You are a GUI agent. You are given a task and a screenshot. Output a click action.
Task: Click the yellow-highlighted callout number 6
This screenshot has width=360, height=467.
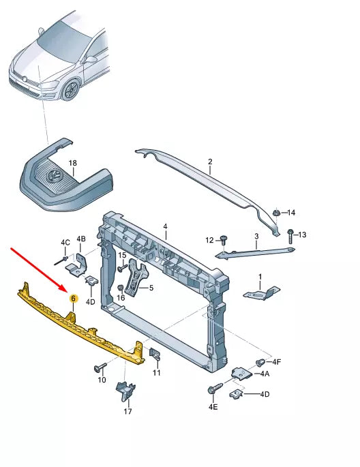[x=74, y=299]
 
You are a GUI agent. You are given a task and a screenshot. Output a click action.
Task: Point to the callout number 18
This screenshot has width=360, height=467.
[x=73, y=164]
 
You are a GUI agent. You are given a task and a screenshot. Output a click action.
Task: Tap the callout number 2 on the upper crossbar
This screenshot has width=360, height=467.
[x=210, y=162]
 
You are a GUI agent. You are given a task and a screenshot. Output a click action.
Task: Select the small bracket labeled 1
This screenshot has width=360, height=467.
[x=260, y=292]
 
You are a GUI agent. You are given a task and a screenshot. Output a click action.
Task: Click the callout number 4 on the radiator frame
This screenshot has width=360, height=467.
[x=164, y=226]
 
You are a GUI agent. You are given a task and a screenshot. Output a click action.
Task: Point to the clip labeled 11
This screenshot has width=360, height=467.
[x=155, y=355]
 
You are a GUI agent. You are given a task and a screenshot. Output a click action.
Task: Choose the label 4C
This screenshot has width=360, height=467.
[x=65, y=243]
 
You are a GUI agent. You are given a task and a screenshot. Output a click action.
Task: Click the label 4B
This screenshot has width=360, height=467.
[x=81, y=239]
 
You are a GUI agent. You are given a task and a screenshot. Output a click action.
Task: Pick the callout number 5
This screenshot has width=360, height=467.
[x=151, y=288]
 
